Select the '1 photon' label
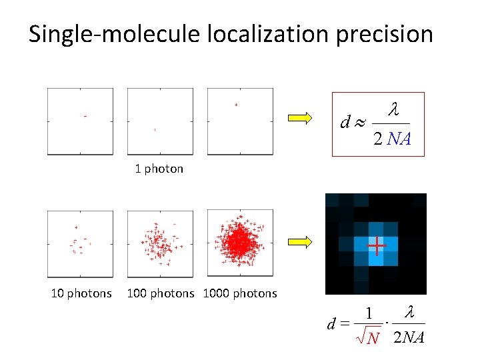coord(159,169)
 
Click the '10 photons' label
coord(81,293)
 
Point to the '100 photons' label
coord(160,293)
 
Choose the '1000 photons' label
coord(239,293)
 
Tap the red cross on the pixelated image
coord(377,246)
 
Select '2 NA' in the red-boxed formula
coord(391,139)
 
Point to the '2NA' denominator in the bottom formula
coord(408,338)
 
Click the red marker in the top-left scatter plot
coord(85,117)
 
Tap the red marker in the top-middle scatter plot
coord(155,130)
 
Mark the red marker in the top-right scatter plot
coord(235,105)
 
